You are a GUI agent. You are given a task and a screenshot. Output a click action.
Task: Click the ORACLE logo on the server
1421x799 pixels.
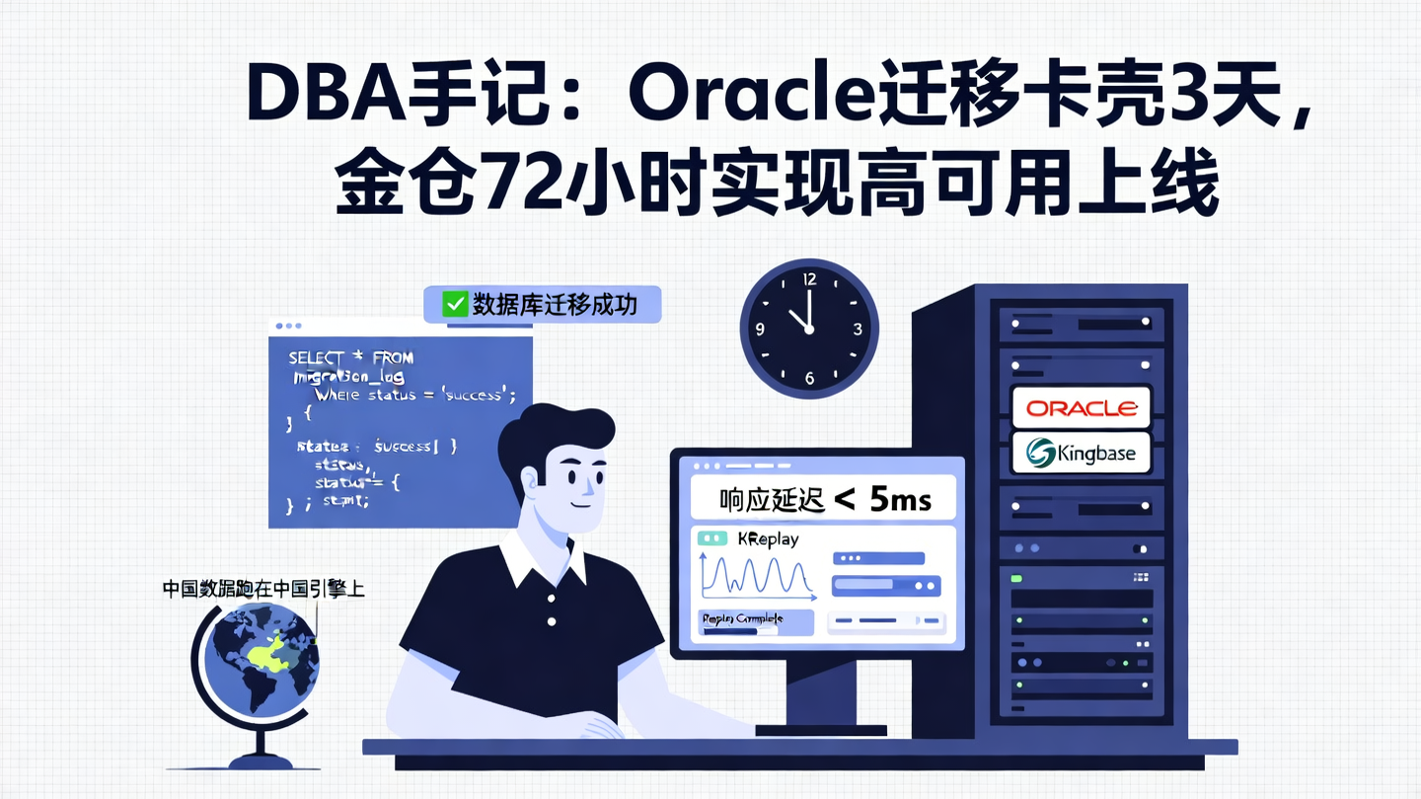tap(1082, 407)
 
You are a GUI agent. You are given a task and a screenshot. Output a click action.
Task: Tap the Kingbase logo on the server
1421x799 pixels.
tap(1082, 453)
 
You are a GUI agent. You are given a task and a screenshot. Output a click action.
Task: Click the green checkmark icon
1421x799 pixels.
tap(455, 304)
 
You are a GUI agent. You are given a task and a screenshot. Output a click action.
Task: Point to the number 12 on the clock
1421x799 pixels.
tap(809, 279)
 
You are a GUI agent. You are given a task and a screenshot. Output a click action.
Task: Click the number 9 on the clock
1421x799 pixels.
tap(760, 329)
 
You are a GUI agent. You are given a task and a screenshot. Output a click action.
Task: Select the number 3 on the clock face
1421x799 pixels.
tap(859, 329)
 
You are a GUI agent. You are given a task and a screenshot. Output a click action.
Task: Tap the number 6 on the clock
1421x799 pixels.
tap(809, 379)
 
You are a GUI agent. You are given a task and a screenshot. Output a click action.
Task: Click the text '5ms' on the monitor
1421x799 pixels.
tap(901, 499)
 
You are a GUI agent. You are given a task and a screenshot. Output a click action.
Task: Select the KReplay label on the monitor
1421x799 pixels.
tap(768, 539)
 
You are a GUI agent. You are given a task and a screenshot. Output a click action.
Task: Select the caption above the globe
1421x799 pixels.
tap(264, 589)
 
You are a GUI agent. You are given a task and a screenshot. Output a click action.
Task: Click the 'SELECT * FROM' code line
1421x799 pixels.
tap(350, 357)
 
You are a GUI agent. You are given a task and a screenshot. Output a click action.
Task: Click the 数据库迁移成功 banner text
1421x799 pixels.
tap(554, 304)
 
